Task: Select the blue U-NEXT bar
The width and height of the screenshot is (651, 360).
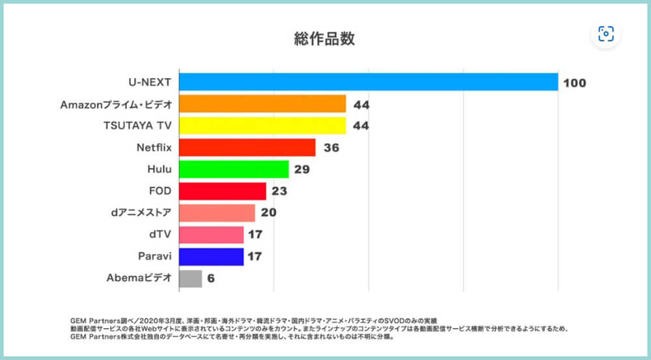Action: (x=368, y=82)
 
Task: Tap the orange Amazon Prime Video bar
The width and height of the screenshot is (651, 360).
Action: (x=262, y=104)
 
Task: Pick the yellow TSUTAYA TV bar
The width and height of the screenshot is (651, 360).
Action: (x=262, y=126)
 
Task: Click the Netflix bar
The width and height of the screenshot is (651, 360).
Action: (x=247, y=147)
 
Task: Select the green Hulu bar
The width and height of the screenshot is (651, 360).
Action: (x=233, y=169)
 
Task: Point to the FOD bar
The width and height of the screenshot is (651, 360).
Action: (x=222, y=191)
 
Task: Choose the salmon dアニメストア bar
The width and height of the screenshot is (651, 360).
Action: (x=217, y=213)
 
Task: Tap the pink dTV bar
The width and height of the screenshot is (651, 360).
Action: (x=211, y=235)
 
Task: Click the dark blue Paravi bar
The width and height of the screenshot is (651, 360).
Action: (x=211, y=256)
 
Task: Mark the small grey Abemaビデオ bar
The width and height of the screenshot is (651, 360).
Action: (x=190, y=279)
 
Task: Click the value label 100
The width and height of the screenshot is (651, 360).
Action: (x=575, y=83)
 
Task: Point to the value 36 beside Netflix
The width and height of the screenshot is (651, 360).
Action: (x=331, y=148)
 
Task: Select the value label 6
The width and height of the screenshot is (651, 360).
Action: (x=211, y=279)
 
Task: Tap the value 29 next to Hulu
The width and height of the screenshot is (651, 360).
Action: (x=301, y=170)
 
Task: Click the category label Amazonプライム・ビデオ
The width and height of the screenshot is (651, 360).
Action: (x=116, y=104)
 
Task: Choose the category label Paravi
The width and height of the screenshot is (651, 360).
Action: (x=155, y=256)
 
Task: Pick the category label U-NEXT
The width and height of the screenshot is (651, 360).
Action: (x=150, y=83)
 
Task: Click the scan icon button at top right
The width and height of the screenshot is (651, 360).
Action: (x=606, y=34)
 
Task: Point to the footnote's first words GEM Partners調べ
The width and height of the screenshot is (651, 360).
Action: (x=98, y=321)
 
